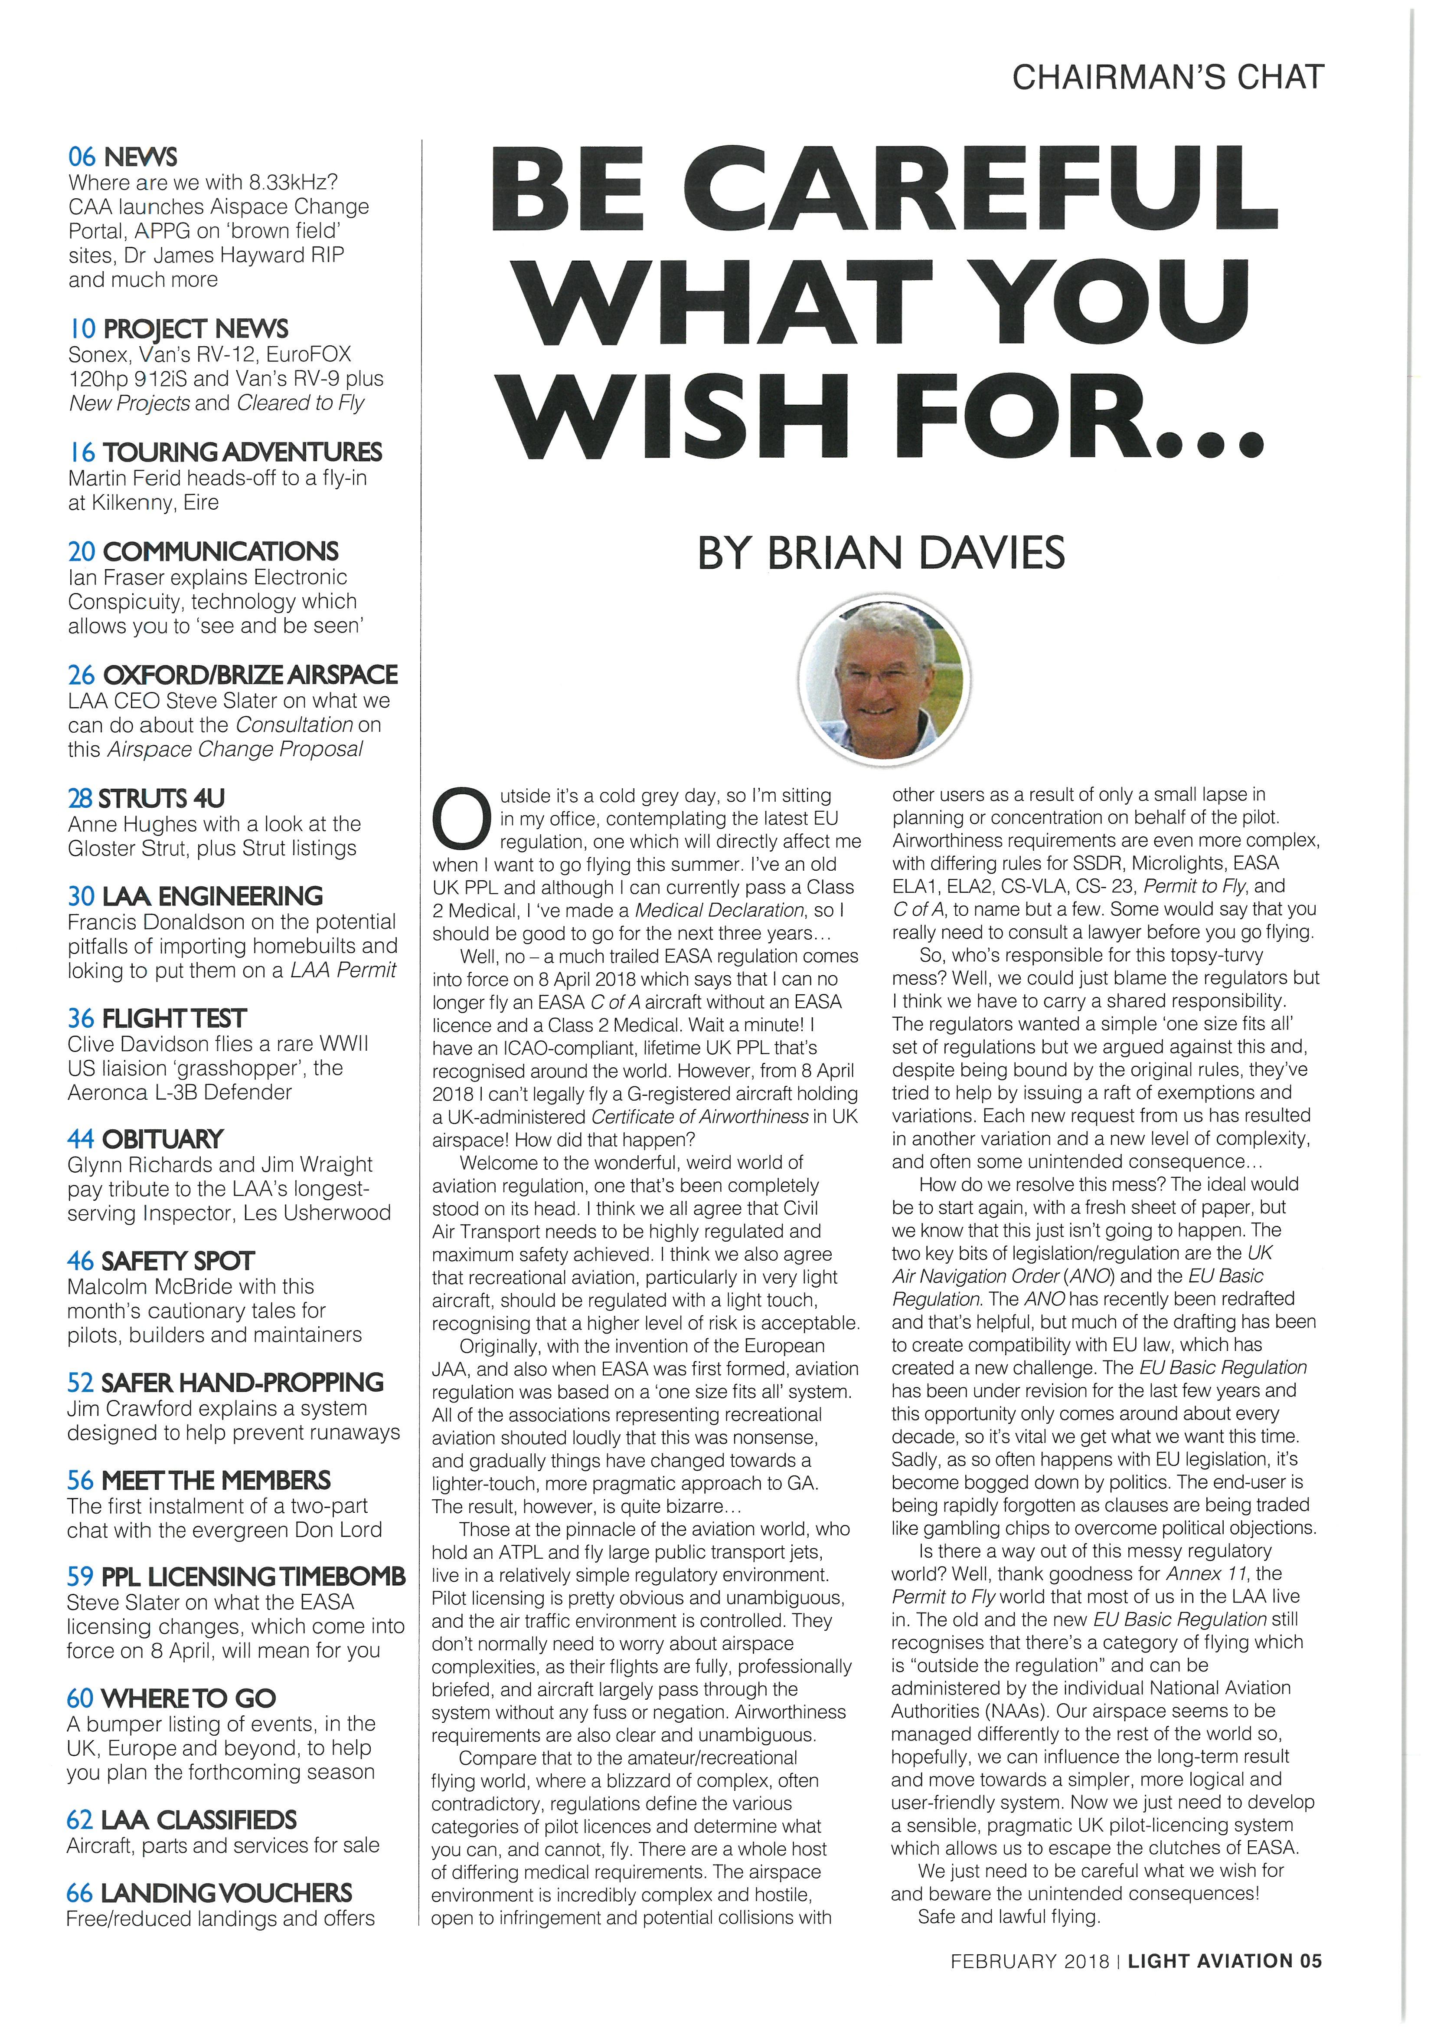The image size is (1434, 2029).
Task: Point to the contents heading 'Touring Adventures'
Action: tap(242, 452)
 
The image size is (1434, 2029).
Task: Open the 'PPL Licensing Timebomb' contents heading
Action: tap(253, 1577)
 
